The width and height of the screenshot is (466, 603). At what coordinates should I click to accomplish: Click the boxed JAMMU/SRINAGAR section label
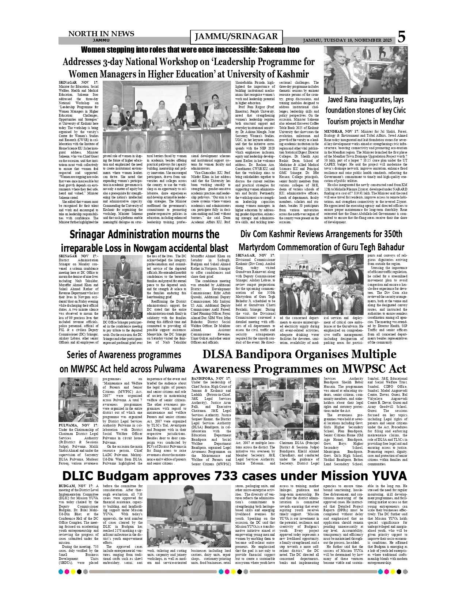pyautogui.click(x=236, y=37)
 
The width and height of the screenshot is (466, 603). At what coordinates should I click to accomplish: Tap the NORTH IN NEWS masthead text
pyautogui.click(x=101, y=34)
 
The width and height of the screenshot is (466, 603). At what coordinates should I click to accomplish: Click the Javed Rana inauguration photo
pyautogui.click(x=365, y=70)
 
